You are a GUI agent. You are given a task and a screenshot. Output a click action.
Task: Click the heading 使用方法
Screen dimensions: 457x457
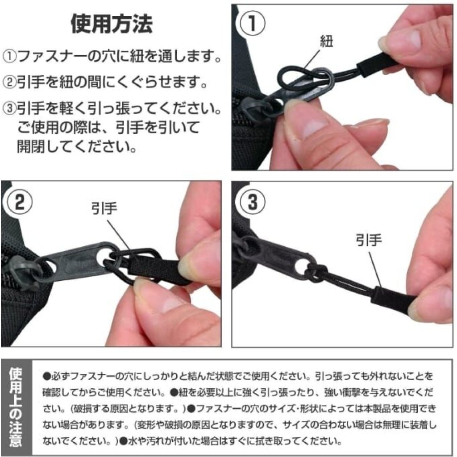[112, 24]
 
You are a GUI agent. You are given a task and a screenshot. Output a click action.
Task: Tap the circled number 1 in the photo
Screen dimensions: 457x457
[253, 23]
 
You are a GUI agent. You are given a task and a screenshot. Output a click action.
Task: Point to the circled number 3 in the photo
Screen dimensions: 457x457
[253, 202]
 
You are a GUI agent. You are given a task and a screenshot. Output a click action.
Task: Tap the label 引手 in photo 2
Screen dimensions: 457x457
[104, 208]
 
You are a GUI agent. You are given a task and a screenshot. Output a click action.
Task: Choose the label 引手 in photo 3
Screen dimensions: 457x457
[369, 241]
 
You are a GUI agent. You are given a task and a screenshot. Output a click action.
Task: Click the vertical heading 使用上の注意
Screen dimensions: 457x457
[16, 407]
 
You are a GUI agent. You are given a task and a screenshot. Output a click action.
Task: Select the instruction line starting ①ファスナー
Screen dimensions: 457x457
[112, 56]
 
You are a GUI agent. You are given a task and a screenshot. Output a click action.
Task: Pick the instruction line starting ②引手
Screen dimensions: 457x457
[105, 82]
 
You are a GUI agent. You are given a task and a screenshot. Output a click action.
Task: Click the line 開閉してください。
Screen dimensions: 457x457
[77, 146]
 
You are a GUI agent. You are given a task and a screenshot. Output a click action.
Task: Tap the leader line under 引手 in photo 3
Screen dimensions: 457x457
[376, 269]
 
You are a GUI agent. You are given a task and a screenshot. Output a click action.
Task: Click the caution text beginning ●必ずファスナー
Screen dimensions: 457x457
[239, 408]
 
